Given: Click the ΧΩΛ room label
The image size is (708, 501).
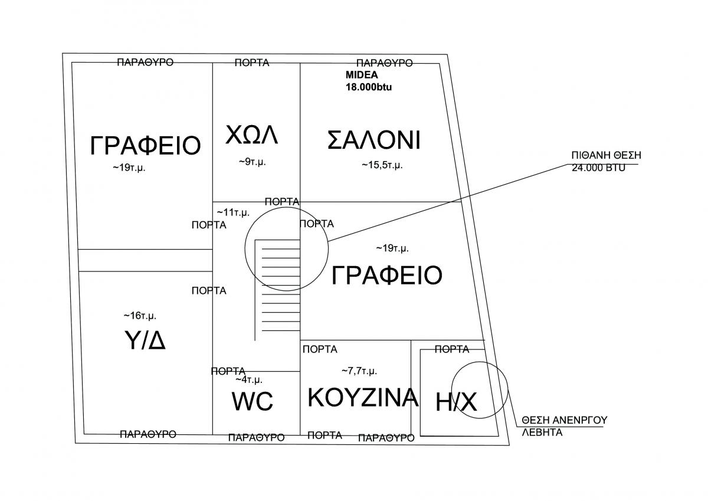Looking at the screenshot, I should click(x=251, y=135).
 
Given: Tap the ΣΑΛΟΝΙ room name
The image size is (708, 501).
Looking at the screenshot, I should click(x=373, y=140).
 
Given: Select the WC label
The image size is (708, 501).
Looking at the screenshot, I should click(x=252, y=402).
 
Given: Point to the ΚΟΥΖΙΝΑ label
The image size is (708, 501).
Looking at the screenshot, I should click(x=363, y=398).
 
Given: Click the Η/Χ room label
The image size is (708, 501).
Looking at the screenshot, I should click(x=456, y=402).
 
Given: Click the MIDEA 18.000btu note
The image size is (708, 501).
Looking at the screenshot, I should click(x=369, y=81).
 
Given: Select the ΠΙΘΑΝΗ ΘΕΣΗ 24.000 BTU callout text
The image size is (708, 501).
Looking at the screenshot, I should click(x=605, y=161).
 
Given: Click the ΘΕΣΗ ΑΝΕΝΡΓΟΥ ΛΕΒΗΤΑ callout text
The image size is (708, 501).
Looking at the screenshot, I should click(x=564, y=426).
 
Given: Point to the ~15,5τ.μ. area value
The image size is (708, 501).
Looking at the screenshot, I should click(x=382, y=165).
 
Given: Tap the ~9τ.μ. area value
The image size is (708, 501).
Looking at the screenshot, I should click(x=252, y=162).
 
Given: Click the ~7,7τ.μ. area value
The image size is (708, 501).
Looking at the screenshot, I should click(x=359, y=371).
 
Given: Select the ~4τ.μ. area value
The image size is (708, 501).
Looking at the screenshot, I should click(x=249, y=379).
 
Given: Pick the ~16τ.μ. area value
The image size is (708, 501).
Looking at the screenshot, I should click(x=140, y=316).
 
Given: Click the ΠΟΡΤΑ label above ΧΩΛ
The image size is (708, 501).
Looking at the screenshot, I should click(x=252, y=63).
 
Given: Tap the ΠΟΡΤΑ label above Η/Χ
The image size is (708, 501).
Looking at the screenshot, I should click(x=452, y=349).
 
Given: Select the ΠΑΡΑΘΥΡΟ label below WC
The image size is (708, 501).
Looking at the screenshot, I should click(x=256, y=437).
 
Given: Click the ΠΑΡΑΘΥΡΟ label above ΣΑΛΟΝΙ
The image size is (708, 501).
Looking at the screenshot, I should click(x=385, y=63).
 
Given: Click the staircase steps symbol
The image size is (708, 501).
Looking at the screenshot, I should click(x=278, y=289).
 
